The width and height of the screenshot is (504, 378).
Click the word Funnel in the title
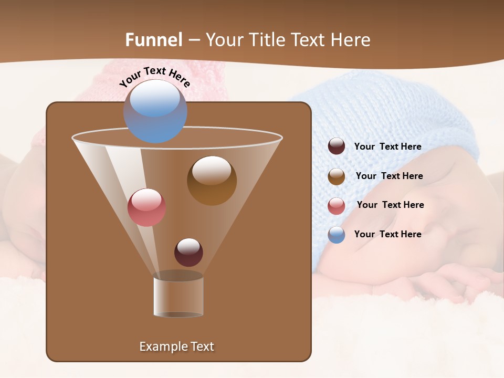153,40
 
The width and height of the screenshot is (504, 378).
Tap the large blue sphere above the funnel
155,111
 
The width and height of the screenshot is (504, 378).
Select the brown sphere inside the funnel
212,180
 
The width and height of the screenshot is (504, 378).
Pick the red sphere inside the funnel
146,207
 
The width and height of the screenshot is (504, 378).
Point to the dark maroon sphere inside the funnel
188,252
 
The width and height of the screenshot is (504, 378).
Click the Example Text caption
176,346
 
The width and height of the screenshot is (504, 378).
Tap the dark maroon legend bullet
337,146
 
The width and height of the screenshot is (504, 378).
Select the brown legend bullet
337,176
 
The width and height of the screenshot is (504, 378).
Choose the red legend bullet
337,206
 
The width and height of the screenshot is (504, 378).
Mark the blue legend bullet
337,235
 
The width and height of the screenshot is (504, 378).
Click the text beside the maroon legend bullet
387,146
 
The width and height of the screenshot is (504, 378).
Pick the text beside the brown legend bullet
389,176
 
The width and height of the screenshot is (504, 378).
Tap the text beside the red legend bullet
390,205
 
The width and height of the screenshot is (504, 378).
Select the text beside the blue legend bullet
387,234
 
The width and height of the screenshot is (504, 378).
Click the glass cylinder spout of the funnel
178,297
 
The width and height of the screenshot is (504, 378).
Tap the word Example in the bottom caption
162,346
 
